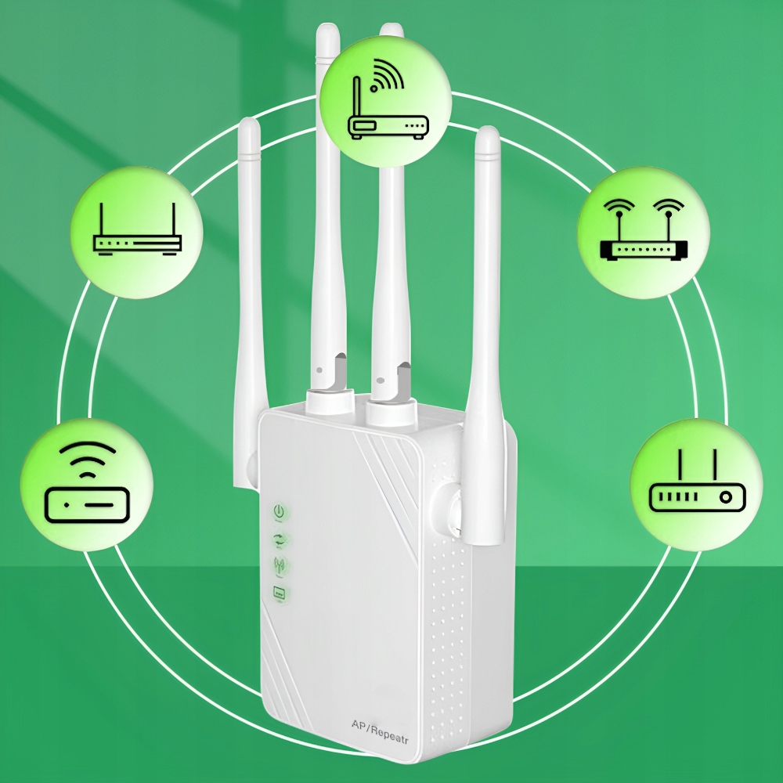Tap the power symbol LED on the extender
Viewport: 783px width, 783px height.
[x=279, y=513]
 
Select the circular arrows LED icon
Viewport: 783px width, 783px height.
[x=279, y=539]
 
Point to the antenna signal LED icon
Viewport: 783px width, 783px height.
[x=279, y=565]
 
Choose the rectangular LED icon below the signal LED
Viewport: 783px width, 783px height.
[x=279, y=592]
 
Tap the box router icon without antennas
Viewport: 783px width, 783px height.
[x=86, y=485]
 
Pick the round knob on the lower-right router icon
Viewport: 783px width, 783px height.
[x=726, y=496]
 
